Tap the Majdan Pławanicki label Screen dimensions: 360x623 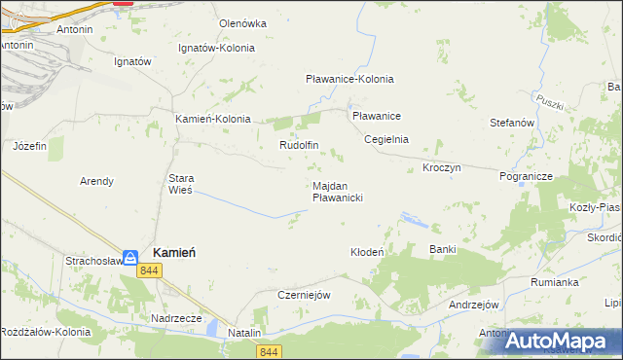pos(338,191)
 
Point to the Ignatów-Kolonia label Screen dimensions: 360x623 pos(217,48)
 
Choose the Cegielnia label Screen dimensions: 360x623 pos(386,139)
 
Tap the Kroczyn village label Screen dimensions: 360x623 pos(441,167)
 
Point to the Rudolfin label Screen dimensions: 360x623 pos(300,145)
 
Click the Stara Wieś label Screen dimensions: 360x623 pos(182,184)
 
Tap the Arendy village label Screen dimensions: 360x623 pos(96,181)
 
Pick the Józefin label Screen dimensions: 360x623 pos(29,146)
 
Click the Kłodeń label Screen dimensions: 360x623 pos(368,252)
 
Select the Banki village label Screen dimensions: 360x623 pos(443,249)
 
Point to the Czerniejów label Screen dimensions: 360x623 pos(306,295)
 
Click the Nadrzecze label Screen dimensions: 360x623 pos(176,318)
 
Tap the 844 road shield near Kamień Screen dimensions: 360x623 pos(149,270)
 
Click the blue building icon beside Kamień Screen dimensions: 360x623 pos(129,257)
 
